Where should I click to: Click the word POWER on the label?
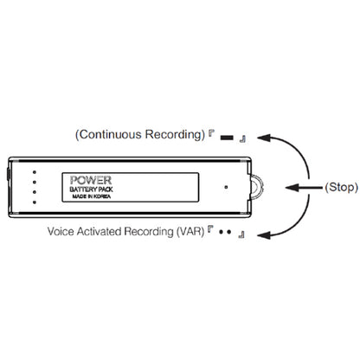pos(91,180)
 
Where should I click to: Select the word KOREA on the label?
pos(102,196)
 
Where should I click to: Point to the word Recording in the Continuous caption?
pos(173,134)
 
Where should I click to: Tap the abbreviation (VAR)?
pos(190,232)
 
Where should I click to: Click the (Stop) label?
pos(342,187)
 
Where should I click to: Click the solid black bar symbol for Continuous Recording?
pos(227,138)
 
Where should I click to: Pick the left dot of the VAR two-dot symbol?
pos(221,232)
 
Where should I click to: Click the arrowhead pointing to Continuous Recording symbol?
pos(264,138)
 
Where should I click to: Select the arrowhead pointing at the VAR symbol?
pos(264,235)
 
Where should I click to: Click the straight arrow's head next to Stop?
pos(292,188)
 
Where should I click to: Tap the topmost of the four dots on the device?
pos(35,172)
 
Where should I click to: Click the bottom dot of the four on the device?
pos(35,202)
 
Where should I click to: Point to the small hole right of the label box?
pos(226,187)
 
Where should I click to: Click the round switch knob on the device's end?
pos(258,187)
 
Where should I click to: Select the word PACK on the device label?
pos(106,190)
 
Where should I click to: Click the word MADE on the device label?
pos(78,196)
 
